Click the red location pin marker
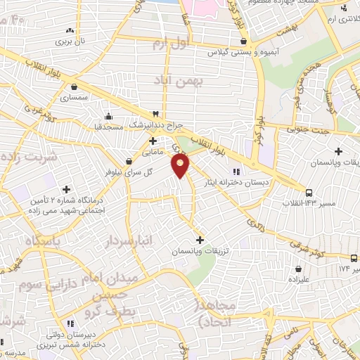181,165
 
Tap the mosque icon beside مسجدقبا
108,116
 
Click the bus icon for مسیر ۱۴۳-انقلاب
308,192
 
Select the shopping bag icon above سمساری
74,87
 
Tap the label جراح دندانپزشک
155,124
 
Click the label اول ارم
172,44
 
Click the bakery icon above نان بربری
70,32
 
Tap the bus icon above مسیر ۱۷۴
354,258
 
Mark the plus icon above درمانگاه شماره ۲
67,189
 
